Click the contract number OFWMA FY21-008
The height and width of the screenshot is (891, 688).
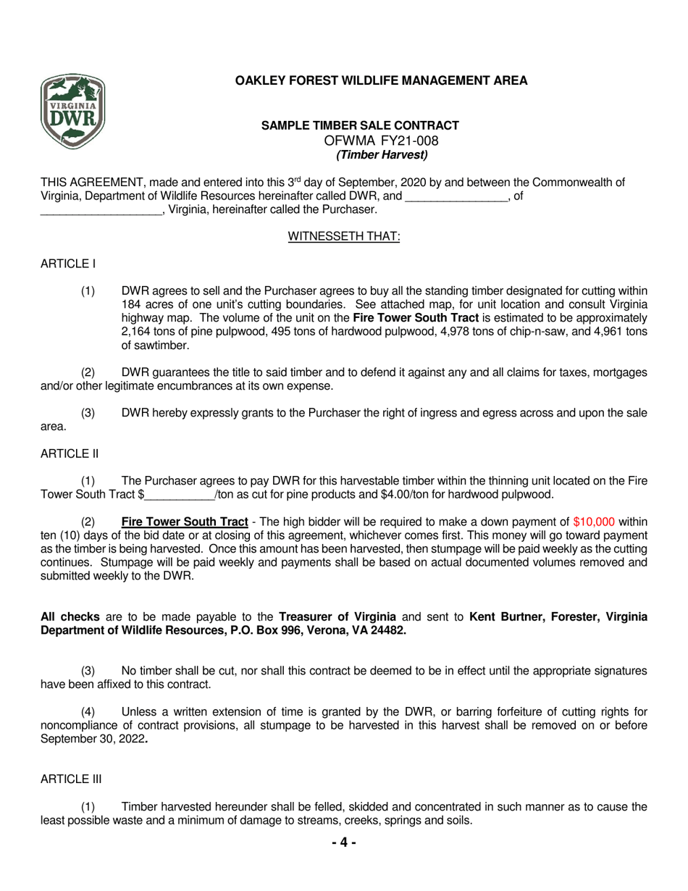[x=381, y=141]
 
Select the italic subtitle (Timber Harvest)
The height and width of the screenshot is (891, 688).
[x=382, y=154]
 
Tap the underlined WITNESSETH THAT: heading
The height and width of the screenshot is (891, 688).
[x=344, y=236]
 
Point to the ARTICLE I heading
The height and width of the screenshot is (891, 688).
[x=68, y=264]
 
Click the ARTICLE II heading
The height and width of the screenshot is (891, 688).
[x=70, y=453]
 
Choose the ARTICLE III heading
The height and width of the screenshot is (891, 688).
[x=71, y=779]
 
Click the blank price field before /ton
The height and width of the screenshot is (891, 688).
[x=179, y=495]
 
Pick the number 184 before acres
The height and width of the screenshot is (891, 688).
[x=131, y=304]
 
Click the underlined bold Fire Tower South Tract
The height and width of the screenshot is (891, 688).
[x=185, y=522]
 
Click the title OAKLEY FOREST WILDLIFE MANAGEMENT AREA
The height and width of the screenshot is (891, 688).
[x=382, y=80]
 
